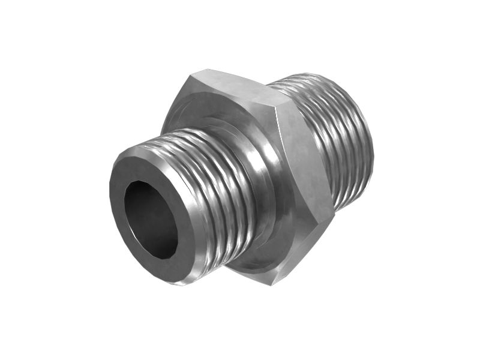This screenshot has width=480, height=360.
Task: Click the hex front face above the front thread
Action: click(204, 114)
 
